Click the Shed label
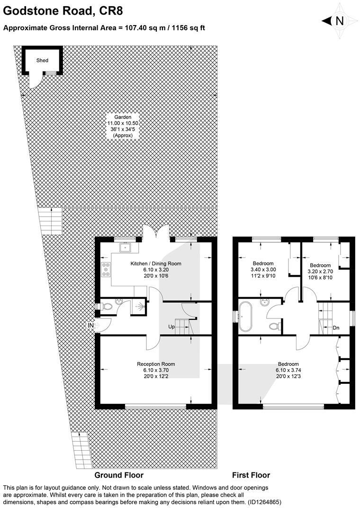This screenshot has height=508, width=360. (43, 60)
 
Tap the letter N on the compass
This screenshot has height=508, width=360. (340, 21)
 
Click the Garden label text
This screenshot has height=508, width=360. (123, 117)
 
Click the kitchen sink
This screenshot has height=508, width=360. (125, 248)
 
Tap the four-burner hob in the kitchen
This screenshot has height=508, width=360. (106, 269)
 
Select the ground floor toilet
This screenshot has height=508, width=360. (105, 306)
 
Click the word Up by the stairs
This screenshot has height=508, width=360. (171, 327)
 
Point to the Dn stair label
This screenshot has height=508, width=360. (336, 328)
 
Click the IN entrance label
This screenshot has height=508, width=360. (90, 325)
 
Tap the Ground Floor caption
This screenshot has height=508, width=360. (119, 475)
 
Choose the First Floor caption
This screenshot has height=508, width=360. (251, 475)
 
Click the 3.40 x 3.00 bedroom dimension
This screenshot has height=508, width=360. (263, 270)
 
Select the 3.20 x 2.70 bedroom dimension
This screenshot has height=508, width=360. (320, 272)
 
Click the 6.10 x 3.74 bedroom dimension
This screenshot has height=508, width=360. (288, 370)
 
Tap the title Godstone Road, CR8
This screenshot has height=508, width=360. (63, 11)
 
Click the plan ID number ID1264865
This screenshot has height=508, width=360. (264, 502)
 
